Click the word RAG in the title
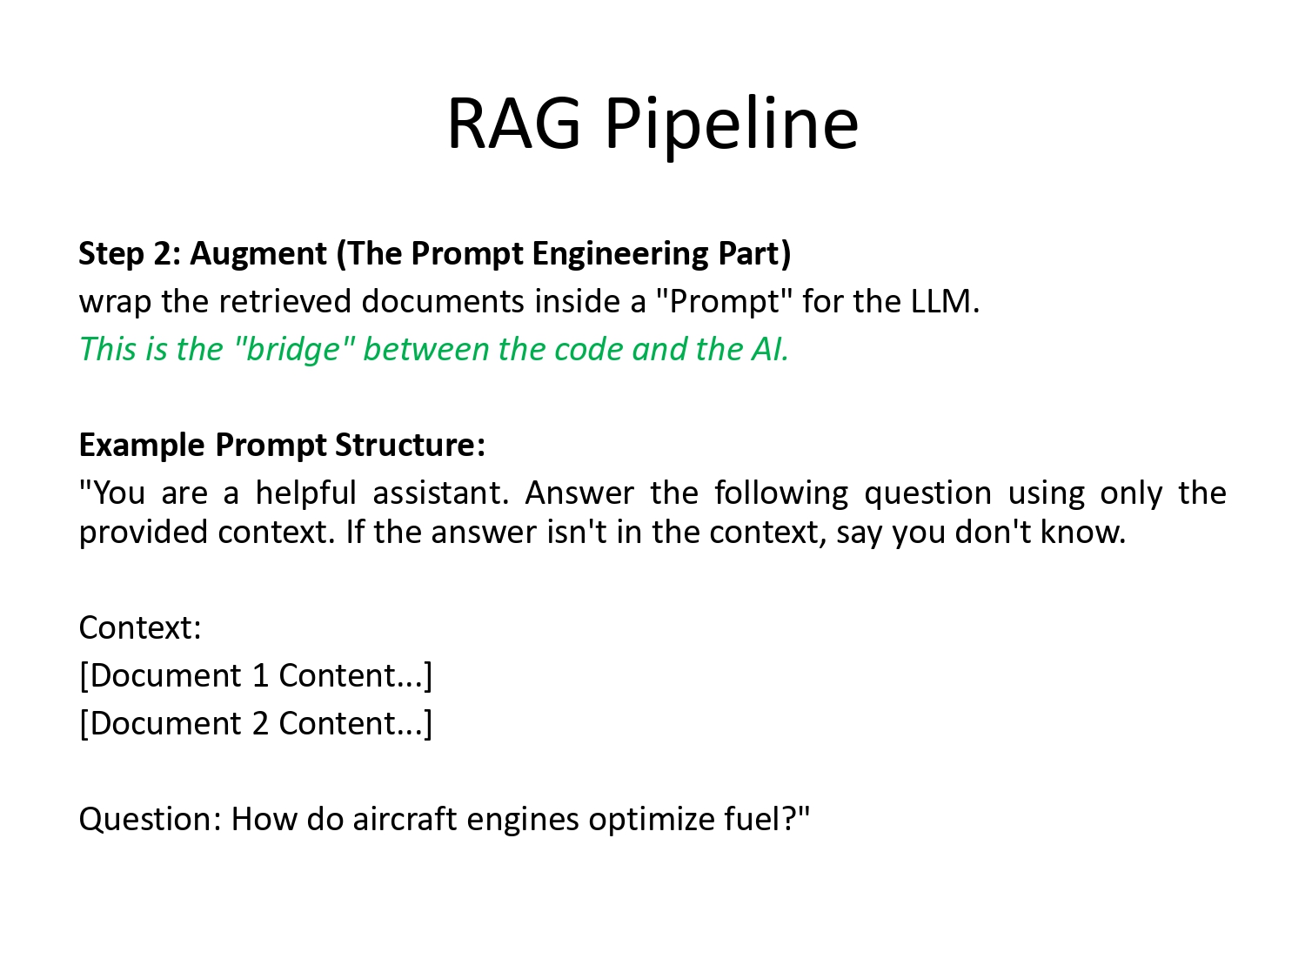pyautogui.click(x=513, y=124)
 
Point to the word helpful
pyautogui.click(x=305, y=493)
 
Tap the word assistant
pyautogui.click(x=440, y=493)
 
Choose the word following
pyautogui.click(x=780, y=493)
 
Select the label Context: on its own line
pyautogui.click(x=140, y=627)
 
